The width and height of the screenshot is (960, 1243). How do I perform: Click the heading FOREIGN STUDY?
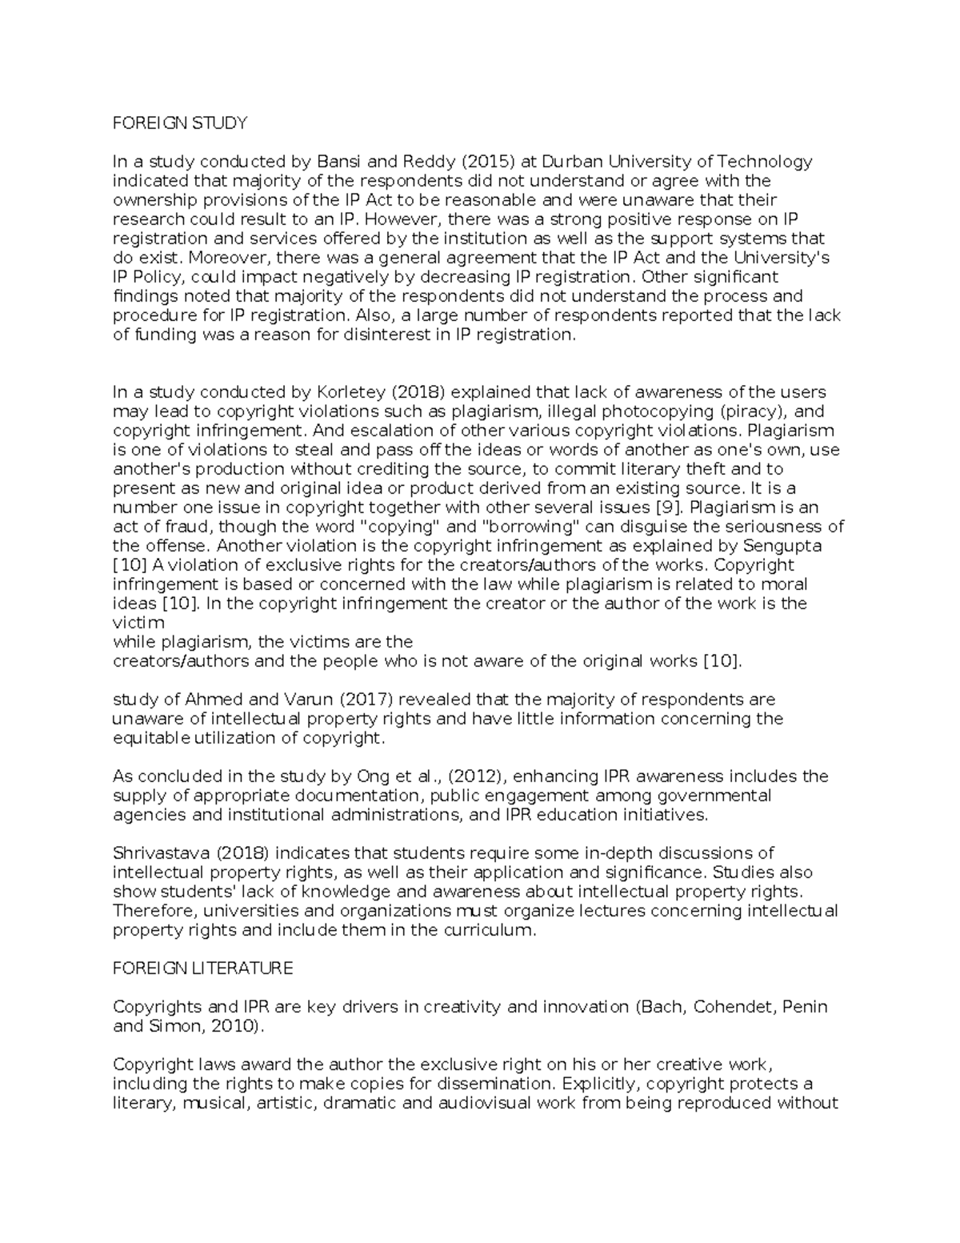[180, 123]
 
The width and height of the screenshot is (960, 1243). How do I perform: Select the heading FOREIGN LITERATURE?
[203, 968]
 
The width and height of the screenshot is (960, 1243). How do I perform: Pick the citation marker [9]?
[670, 507]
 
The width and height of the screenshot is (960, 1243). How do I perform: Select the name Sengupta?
[782, 546]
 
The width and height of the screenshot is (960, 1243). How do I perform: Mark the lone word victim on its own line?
[138, 623]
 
